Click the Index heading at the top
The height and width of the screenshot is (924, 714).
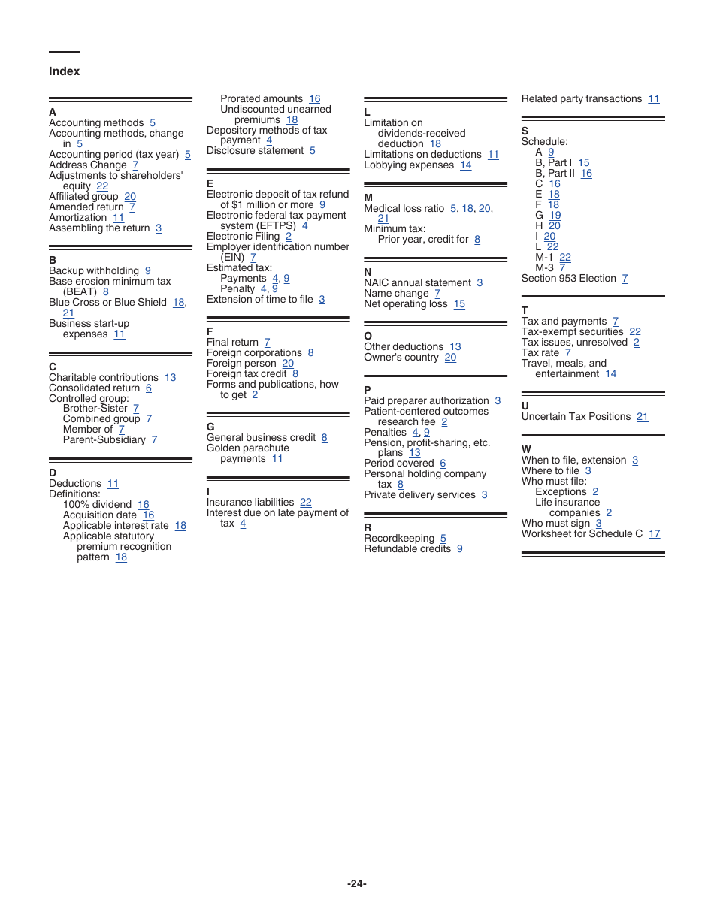pos(64,71)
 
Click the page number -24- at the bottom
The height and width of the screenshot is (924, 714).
pos(357,883)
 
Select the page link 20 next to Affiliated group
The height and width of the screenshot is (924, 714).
pos(130,197)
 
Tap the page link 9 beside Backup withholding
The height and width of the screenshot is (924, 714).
pos(148,271)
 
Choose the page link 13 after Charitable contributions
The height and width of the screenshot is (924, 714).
pos(171,378)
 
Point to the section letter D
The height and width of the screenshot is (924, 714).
pos(53,473)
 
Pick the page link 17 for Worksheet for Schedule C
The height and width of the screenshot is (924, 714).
pos(655,534)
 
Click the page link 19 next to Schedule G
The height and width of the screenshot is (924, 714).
pos(555,216)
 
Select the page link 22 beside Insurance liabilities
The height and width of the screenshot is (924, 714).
pos(306,503)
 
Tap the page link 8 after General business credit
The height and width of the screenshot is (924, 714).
pos(325,438)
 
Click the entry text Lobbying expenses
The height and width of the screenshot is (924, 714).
pos(409,165)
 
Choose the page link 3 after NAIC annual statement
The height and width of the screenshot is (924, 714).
pos(480,283)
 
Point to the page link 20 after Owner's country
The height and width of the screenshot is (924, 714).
pos(450,358)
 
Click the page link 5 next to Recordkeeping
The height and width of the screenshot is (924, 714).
pos(443,539)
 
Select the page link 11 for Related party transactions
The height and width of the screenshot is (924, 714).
pos(654,99)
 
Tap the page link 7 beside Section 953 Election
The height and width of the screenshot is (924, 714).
pos(625,279)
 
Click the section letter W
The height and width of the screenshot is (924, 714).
pos(526,449)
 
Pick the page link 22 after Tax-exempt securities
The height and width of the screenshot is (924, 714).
pos(635,332)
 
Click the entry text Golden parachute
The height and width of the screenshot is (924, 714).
pos(247,448)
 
